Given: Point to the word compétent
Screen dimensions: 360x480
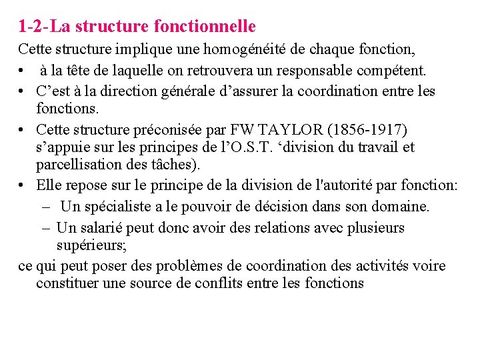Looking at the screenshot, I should click(393, 70).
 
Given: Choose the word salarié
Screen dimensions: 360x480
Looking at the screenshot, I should click(108, 227).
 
